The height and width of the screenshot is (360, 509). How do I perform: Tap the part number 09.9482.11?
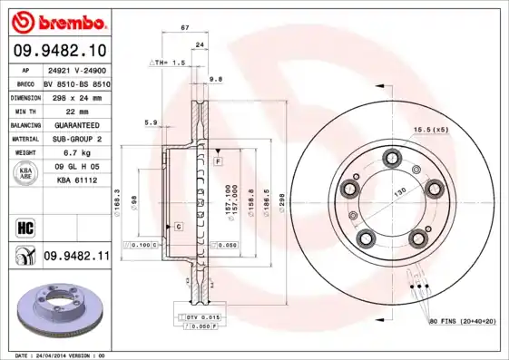tap(76, 258)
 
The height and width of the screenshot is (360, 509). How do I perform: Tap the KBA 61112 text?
tap(77, 181)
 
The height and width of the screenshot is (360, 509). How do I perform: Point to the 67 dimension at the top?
tap(185, 28)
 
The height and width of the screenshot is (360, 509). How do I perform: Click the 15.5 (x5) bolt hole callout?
tap(430, 131)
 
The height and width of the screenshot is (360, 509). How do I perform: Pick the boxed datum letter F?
tap(218, 161)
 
